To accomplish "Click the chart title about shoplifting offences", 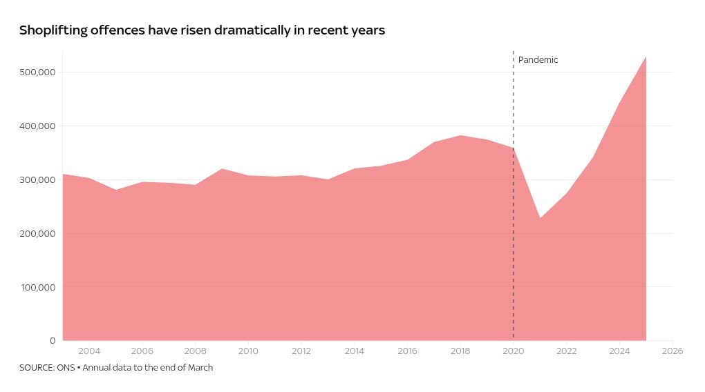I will click(202, 30).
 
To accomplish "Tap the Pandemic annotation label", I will click(538, 60).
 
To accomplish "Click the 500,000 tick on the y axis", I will click(38, 72).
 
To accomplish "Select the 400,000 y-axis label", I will click(38, 126).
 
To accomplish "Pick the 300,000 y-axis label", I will click(38, 180).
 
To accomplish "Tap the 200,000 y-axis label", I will click(38, 234).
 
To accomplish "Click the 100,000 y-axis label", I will click(38, 287).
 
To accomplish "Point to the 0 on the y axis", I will click(53, 341).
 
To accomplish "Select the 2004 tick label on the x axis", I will click(88, 351).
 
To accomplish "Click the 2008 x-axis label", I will click(195, 351).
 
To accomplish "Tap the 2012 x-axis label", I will click(301, 351).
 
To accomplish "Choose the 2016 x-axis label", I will click(407, 351).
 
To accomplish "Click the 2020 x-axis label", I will click(514, 351).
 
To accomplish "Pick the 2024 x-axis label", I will click(619, 351).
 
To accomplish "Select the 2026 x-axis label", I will click(672, 351).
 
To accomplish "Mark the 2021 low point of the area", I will click(540, 219).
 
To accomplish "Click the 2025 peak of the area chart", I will click(646, 57).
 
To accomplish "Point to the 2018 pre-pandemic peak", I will click(460, 136).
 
